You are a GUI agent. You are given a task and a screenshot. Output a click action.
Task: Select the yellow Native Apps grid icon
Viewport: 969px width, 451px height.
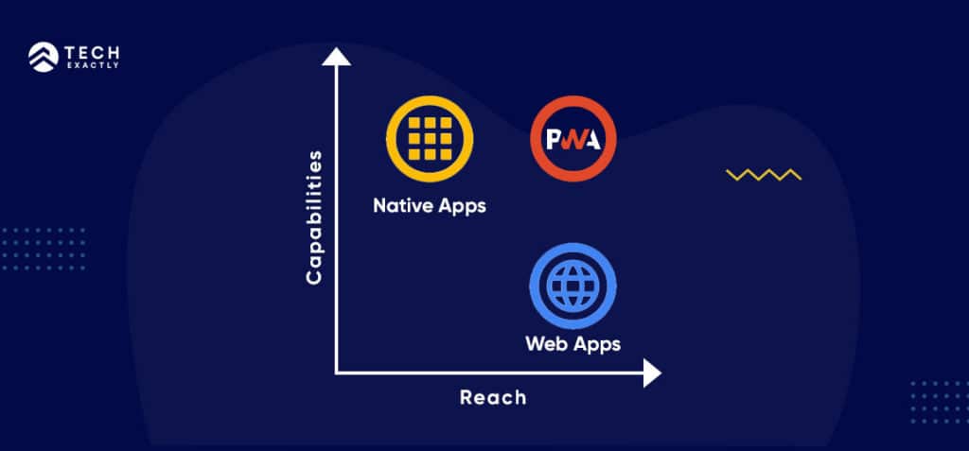429,141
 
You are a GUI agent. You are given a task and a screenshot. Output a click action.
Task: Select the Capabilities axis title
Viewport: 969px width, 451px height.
315,217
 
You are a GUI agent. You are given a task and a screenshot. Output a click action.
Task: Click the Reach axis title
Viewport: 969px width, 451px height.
493,397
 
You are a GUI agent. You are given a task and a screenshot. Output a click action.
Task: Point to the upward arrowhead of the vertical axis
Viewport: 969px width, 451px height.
337,58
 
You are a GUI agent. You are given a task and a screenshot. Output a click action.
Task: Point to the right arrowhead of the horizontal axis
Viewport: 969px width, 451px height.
651,373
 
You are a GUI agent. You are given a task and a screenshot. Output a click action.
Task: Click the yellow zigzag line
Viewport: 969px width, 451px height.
764,174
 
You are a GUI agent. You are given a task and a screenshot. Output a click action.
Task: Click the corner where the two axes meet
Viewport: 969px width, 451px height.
338,373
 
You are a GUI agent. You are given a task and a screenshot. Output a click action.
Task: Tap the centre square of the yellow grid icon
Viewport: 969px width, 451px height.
429,141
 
